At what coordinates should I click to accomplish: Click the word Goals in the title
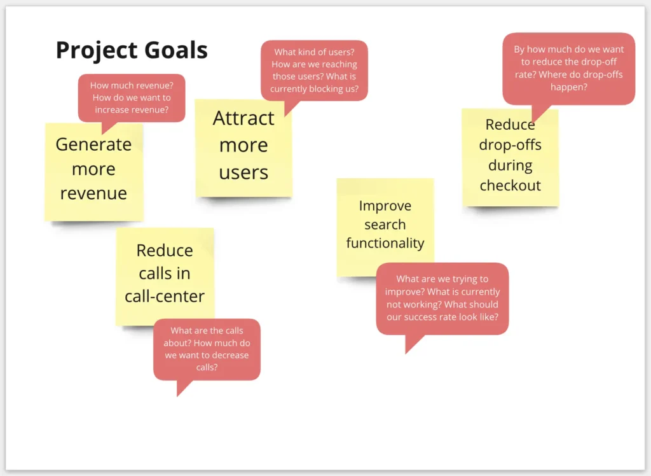[x=170, y=50]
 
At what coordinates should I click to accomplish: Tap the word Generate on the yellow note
[x=93, y=144]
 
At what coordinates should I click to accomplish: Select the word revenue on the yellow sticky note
[x=93, y=193]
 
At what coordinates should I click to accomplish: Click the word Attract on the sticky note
[x=243, y=118]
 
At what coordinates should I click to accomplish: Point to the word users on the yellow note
[x=243, y=172]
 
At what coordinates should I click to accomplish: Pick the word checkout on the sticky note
[x=511, y=185]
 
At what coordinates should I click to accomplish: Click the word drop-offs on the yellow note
[x=511, y=145]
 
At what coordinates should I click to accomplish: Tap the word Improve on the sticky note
[x=385, y=206]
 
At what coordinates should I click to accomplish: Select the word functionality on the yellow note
[x=385, y=243]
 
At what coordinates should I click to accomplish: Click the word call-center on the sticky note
[x=165, y=296]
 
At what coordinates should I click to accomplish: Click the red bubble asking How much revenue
[x=132, y=98]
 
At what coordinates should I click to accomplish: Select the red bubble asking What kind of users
[x=314, y=71]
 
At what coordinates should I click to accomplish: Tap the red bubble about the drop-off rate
[x=569, y=69]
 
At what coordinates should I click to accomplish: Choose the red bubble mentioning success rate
[x=442, y=298]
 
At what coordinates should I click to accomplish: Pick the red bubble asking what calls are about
[x=207, y=349]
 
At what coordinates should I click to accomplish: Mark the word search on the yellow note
[x=385, y=225]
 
